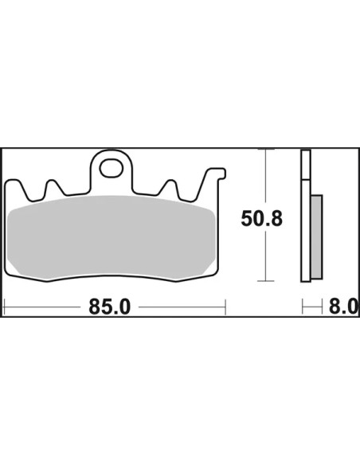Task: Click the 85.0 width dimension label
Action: tap(109, 307)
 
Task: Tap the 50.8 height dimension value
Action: tap(261, 218)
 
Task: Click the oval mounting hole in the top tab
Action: tap(112, 169)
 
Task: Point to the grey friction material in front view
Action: tap(111, 238)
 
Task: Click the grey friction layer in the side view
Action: tap(316, 236)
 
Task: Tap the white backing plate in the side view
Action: tap(306, 216)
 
